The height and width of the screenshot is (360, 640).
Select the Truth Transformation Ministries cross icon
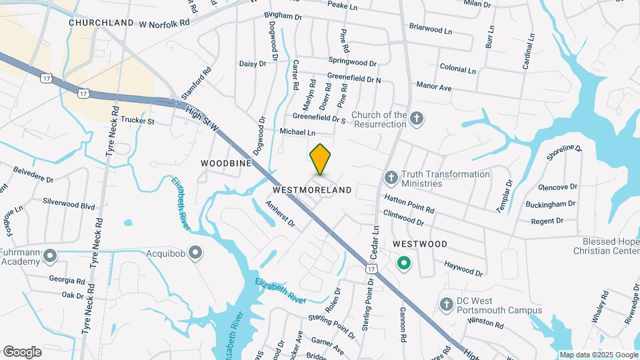pos(391,178)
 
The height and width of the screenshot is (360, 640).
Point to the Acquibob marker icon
pos(195,253)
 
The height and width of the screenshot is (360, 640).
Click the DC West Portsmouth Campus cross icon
pos(446,305)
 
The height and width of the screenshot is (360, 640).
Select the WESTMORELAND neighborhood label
pos(313,190)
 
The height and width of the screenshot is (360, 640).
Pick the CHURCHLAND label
pos(101,23)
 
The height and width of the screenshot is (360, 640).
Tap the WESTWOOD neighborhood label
pos(420,244)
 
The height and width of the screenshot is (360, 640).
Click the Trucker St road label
pos(137,121)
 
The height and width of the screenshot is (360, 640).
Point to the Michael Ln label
pos(297,132)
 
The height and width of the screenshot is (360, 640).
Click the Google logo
pos(22,351)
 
